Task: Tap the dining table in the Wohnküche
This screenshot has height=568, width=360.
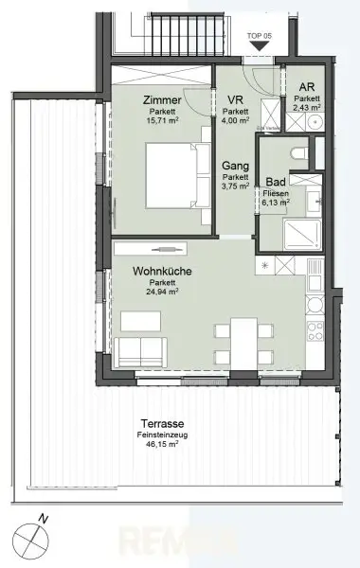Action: (241, 343)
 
